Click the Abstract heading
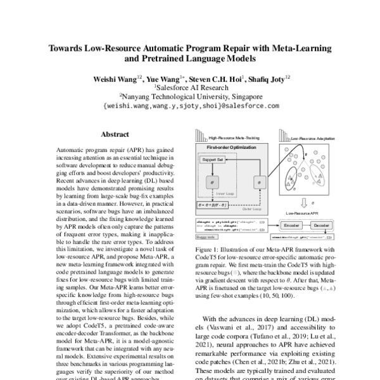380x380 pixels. click(115, 134)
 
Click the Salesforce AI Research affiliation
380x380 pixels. click(190, 87)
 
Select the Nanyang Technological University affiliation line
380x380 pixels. click(190, 97)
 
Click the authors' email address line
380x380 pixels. click(190, 106)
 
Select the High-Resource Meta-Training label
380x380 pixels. click(229, 136)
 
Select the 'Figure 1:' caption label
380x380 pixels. click(207, 251)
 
